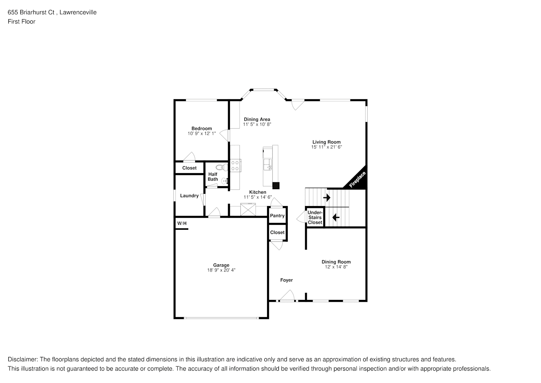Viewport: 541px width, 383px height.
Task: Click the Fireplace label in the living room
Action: (357, 180)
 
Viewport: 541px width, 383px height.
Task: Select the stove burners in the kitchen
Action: (235, 165)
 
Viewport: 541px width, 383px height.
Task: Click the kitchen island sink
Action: (267, 165)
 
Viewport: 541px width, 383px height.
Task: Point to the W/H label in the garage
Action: (182, 223)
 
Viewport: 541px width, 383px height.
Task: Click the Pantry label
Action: (277, 216)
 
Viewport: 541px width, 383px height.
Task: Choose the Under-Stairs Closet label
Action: (315, 218)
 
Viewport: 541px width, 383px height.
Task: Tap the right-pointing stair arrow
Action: (327, 198)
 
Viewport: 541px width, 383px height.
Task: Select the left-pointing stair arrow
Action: (336, 218)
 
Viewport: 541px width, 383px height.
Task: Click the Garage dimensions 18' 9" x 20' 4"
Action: (221, 270)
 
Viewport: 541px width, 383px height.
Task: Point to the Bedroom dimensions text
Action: (202, 133)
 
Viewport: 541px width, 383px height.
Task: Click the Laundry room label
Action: (189, 196)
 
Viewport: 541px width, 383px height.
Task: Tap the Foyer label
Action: (287, 280)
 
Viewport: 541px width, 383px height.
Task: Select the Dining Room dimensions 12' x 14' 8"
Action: (336, 267)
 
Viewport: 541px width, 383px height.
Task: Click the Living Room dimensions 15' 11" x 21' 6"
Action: (326, 147)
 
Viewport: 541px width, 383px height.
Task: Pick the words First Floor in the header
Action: (21, 21)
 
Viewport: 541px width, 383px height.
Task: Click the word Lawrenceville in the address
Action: (78, 12)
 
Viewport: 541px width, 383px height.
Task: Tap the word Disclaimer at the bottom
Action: (23, 359)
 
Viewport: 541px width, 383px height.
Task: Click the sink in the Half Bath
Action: (225, 181)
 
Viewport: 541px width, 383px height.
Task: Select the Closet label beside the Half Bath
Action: (189, 168)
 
